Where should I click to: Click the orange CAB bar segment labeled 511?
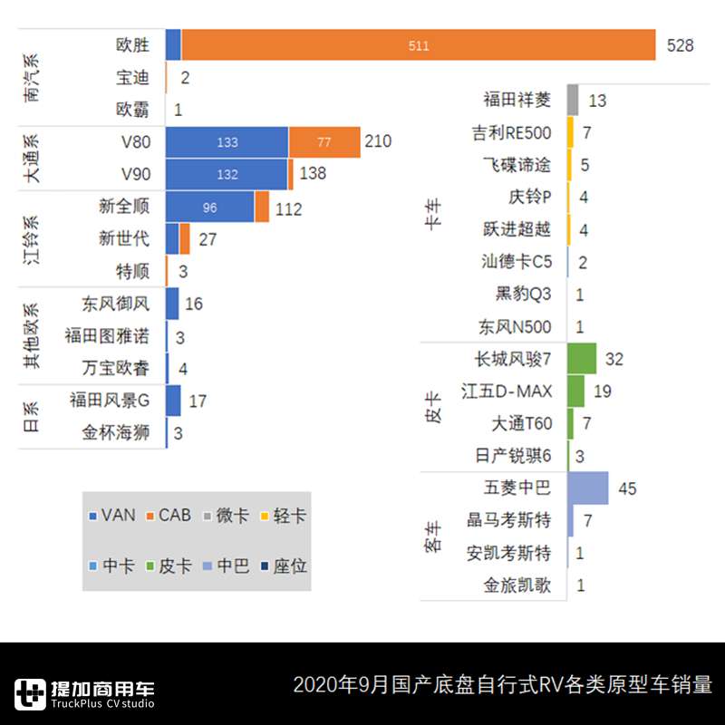[x=418, y=45]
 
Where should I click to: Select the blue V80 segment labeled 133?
[x=227, y=142]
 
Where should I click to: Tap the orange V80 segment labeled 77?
[x=324, y=142]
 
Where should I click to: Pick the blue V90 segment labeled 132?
[x=227, y=174]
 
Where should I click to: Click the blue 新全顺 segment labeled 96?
[x=209, y=208]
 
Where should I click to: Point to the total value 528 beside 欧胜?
[x=680, y=45]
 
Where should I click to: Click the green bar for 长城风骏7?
[x=582, y=359]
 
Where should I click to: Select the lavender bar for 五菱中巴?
[x=587, y=488]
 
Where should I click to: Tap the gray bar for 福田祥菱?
[x=573, y=100]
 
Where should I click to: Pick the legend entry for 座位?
[x=282, y=566]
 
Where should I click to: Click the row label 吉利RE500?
[x=511, y=133]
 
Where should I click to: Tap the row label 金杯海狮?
[x=115, y=432]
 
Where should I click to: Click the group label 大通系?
[x=34, y=158]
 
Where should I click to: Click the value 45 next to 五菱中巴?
[x=627, y=489]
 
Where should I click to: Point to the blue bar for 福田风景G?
[x=173, y=400]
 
